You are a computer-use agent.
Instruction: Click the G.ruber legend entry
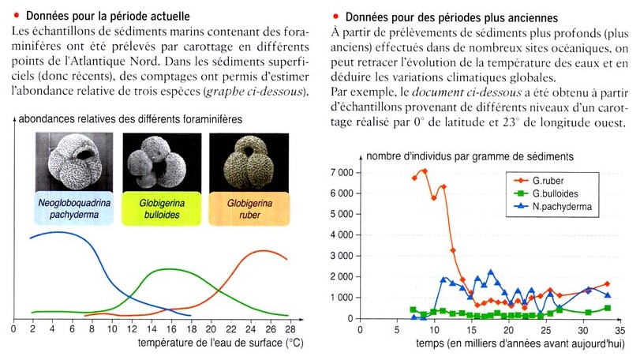click(x=540, y=181)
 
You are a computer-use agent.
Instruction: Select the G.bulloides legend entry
click(x=546, y=193)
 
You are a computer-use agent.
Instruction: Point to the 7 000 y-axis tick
click(x=342, y=173)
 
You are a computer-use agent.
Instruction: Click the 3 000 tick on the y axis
click(x=342, y=256)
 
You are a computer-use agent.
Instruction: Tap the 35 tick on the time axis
click(x=620, y=329)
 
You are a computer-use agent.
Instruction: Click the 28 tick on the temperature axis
click(x=290, y=328)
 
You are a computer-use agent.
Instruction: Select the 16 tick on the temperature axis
click(x=171, y=328)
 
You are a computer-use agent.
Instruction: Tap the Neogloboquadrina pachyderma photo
click(x=74, y=162)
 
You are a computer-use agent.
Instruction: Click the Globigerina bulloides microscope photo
click(x=162, y=162)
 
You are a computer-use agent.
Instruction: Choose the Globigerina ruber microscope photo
click(x=249, y=163)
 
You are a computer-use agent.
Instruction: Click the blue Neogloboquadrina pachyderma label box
click(x=74, y=208)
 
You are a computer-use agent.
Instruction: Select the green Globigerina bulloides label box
click(x=162, y=208)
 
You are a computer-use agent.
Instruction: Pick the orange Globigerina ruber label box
click(x=249, y=209)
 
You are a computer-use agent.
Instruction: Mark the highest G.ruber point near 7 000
click(x=425, y=171)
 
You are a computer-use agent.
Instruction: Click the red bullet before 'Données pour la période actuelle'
click(x=17, y=16)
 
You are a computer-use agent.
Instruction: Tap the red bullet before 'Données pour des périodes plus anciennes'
click(x=336, y=17)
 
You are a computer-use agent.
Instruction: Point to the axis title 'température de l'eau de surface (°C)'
click(x=220, y=342)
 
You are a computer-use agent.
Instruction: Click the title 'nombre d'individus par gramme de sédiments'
click(x=470, y=156)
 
